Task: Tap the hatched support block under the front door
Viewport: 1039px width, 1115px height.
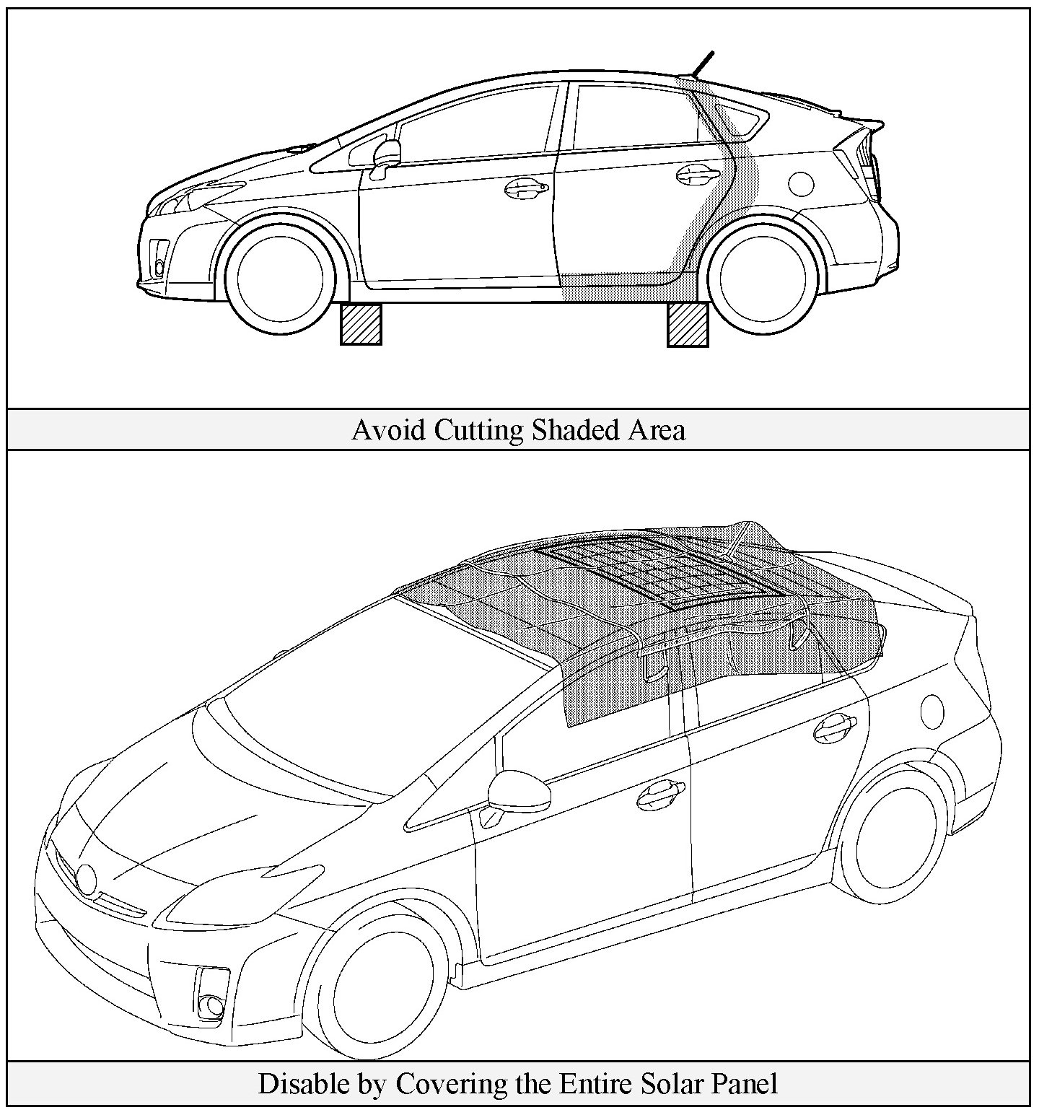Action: [x=361, y=323]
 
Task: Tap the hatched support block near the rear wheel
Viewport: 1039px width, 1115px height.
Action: [x=688, y=325]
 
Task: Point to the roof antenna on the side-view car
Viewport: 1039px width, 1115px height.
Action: [x=702, y=63]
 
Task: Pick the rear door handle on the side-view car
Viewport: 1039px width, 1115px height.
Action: [x=697, y=174]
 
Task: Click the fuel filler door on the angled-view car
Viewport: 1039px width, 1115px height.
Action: [x=932, y=711]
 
